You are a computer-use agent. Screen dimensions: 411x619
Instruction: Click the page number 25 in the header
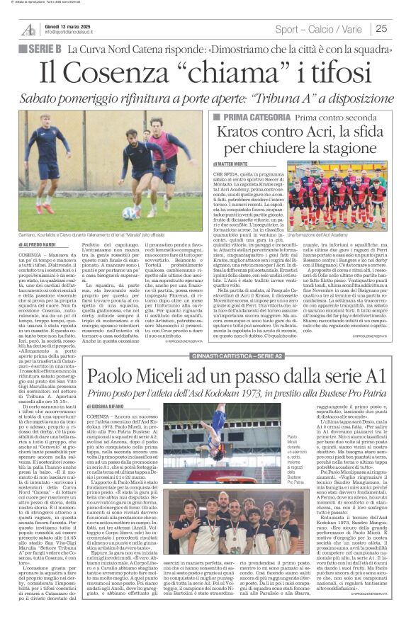pos(382,28)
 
